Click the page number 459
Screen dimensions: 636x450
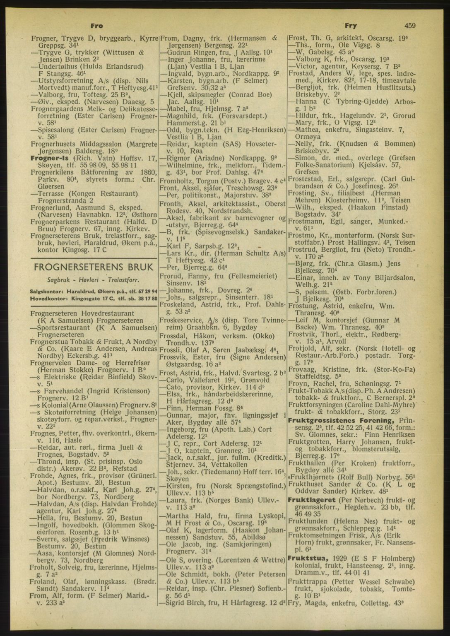click(x=410, y=26)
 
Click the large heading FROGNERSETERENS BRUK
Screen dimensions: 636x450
click(x=94, y=267)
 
